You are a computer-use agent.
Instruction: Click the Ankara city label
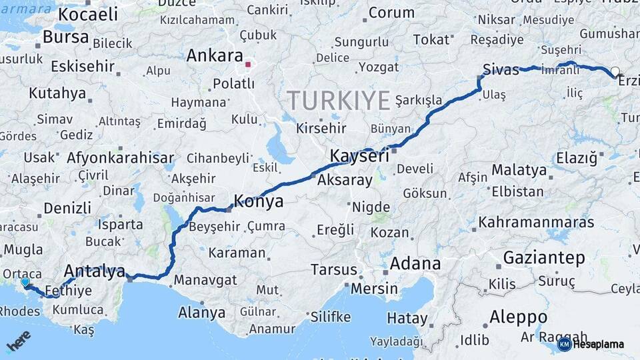pos(214,55)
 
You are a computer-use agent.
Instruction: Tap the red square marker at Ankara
pos(248,65)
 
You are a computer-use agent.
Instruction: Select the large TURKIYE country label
pos(339,101)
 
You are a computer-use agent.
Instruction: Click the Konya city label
pos(258,201)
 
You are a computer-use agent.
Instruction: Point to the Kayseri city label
pos(359,157)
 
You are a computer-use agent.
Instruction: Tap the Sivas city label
pos(501,69)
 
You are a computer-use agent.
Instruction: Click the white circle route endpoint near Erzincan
pos(615,71)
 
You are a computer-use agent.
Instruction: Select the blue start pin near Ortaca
pos(25,283)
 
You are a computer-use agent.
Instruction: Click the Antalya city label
pos(95,271)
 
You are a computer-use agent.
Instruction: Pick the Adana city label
pos(415,263)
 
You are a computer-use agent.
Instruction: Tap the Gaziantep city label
pos(544,257)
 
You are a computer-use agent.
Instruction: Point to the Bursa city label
pos(65,37)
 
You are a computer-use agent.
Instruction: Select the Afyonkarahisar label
pos(120,159)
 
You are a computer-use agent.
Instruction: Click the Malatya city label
pos(519,170)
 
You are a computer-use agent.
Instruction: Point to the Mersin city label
pos(374,289)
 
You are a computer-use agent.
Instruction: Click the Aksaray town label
pos(345,180)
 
